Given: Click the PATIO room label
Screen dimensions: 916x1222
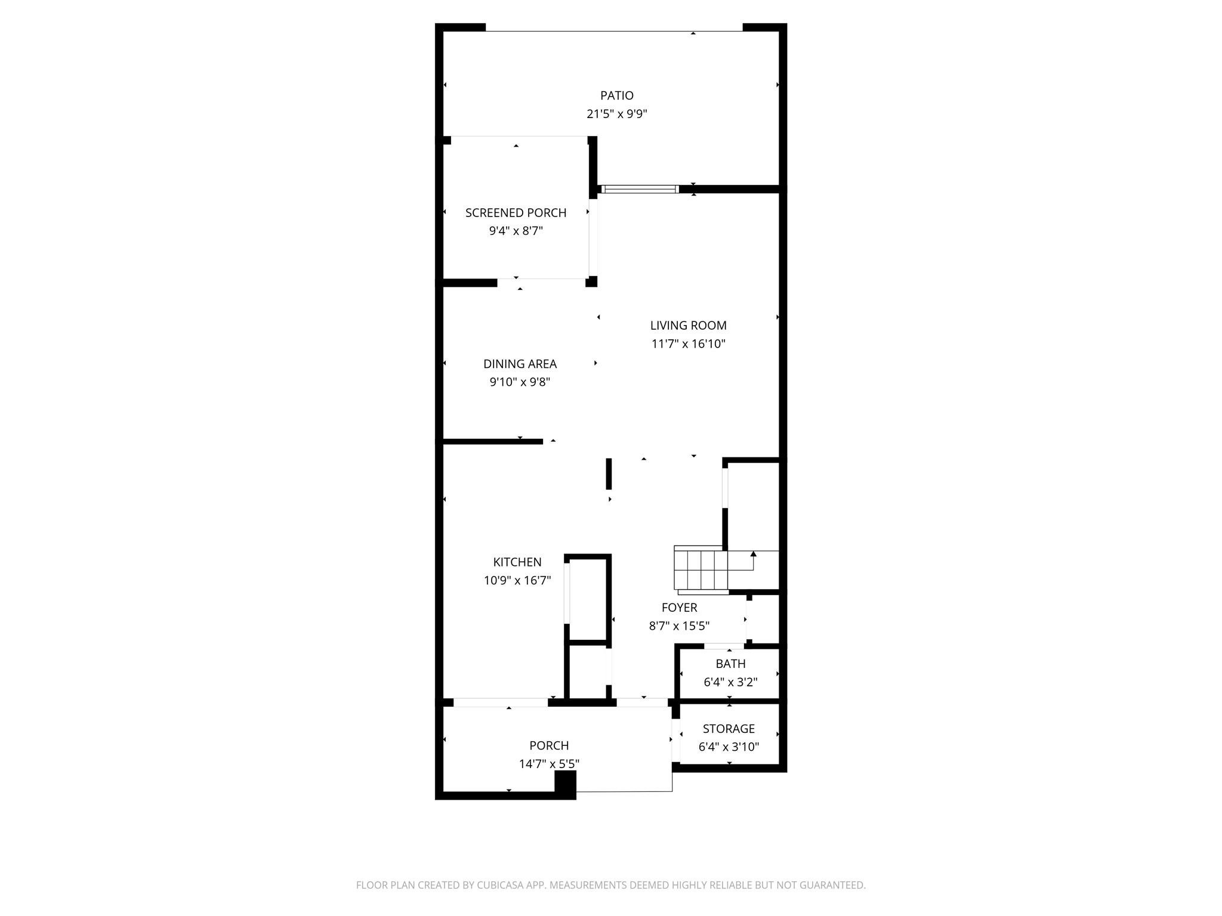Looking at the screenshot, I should click(x=616, y=95).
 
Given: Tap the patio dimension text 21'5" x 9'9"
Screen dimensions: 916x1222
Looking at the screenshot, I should click(x=616, y=114).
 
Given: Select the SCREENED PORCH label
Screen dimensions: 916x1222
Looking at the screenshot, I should click(x=516, y=213).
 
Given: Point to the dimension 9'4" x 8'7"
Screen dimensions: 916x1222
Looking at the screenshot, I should click(x=516, y=231).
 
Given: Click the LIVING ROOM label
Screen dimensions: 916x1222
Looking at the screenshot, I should click(x=688, y=326).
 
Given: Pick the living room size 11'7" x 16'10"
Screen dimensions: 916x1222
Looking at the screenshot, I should click(x=688, y=344).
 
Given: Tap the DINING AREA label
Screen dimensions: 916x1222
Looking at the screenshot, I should click(x=520, y=364).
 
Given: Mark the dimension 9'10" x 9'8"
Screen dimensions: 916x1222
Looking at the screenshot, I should click(x=520, y=382).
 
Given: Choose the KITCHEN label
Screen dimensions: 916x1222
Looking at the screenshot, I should click(x=517, y=562).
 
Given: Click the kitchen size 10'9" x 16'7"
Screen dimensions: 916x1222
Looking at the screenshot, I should click(x=517, y=580).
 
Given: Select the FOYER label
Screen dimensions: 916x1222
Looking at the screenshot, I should click(x=679, y=608).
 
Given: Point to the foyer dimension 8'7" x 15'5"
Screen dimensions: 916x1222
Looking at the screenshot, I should click(x=679, y=626).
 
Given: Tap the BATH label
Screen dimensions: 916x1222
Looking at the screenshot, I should click(x=730, y=664).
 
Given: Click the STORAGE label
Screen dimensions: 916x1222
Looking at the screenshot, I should click(x=729, y=729).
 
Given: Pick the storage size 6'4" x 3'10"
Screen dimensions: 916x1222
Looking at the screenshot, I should click(x=729, y=747).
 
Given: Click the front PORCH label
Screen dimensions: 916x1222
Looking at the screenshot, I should click(x=549, y=745).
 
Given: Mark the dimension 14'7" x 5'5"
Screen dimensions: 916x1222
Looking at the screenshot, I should click(x=549, y=764).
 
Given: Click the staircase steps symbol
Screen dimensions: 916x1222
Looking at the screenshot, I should click(x=701, y=570).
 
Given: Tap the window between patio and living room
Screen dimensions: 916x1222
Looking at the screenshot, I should click(x=640, y=190).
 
